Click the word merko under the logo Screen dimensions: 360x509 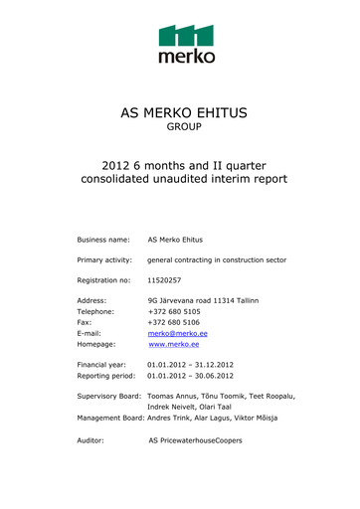click(x=186, y=57)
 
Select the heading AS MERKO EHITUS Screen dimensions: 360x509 click(x=183, y=111)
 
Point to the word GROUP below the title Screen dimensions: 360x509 click(x=183, y=128)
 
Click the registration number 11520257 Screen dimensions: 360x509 click(x=164, y=280)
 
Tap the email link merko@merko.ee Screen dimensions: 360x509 click(x=177, y=333)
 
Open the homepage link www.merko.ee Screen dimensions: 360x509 click(x=173, y=345)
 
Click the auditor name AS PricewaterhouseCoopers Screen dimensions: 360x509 click(x=195, y=438)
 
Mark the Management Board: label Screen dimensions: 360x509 click(x=116, y=418)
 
